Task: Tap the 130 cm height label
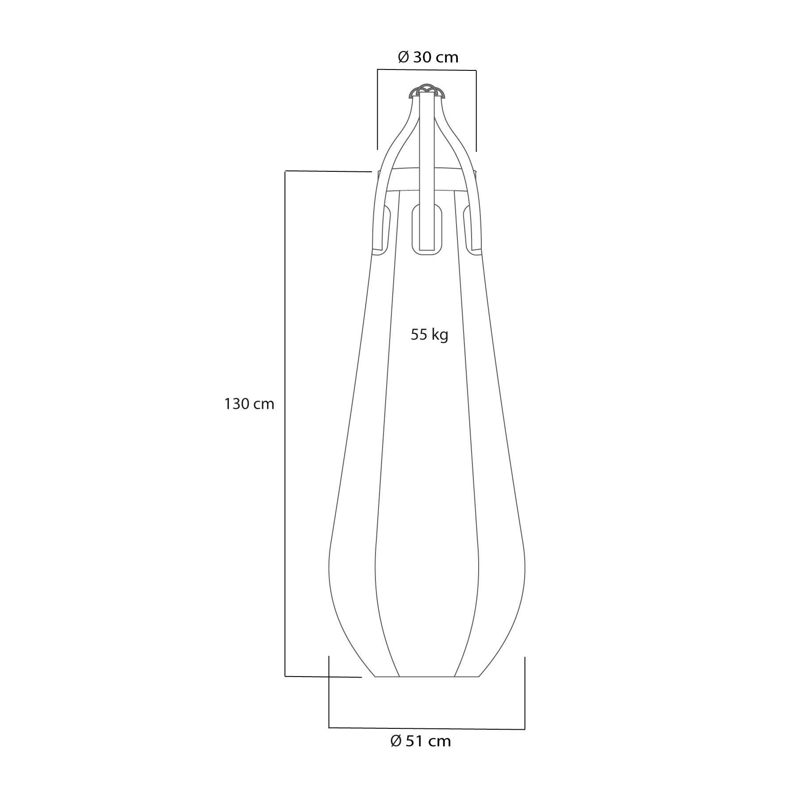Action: click(249, 404)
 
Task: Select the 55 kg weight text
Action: click(429, 335)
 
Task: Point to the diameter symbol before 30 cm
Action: click(403, 58)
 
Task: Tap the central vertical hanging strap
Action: click(427, 170)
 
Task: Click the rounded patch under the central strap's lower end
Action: click(427, 230)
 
